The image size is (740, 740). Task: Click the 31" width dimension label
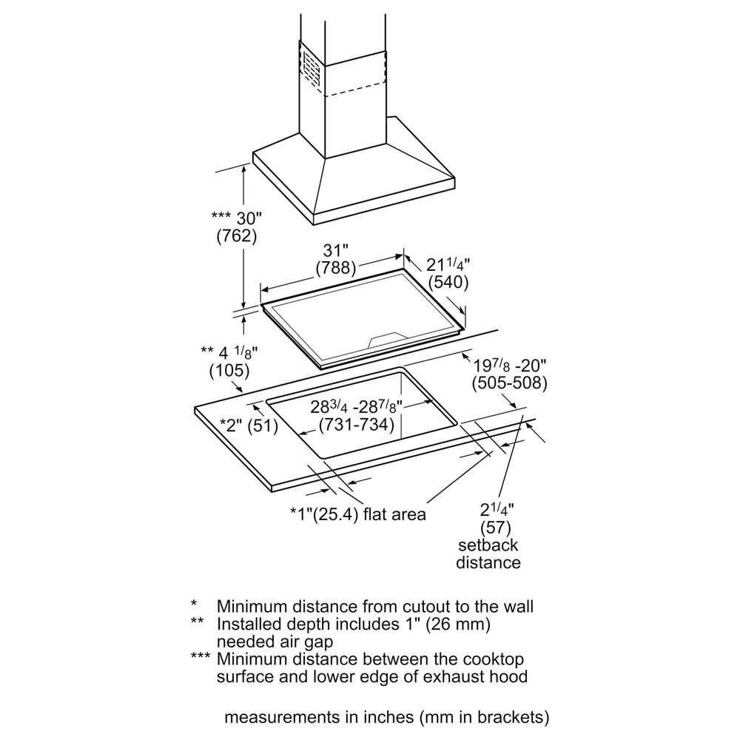[x=336, y=250]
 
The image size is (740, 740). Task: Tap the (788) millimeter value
[x=336, y=267]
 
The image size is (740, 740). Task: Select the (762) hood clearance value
[x=236, y=237]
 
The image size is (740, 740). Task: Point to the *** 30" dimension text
[x=237, y=218]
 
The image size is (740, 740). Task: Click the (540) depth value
[x=448, y=283]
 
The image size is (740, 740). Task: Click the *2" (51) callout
[x=249, y=425]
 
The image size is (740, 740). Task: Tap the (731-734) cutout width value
[x=355, y=425]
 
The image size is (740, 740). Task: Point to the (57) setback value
[x=497, y=528]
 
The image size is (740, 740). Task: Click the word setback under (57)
[x=488, y=545]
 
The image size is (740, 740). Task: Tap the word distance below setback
[x=488, y=562]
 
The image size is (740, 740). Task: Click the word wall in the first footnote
[x=517, y=606]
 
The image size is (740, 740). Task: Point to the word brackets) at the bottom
[x=513, y=718]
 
